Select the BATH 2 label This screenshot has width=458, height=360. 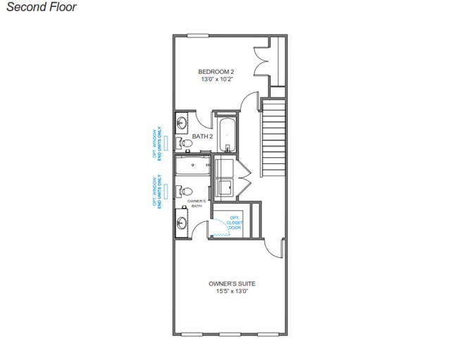click(203, 137)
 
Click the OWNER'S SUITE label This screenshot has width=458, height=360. click(232, 284)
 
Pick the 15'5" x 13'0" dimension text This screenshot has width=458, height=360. click(232, 292)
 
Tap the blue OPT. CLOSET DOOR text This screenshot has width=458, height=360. click(233, 223)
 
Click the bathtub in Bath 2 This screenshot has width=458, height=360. click(226, 135)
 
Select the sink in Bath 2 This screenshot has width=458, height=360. click(182, 120)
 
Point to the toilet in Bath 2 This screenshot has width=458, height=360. click(185, 143)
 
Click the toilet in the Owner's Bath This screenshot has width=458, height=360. click(185, 191)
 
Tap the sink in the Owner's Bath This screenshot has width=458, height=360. click(182, 224)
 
